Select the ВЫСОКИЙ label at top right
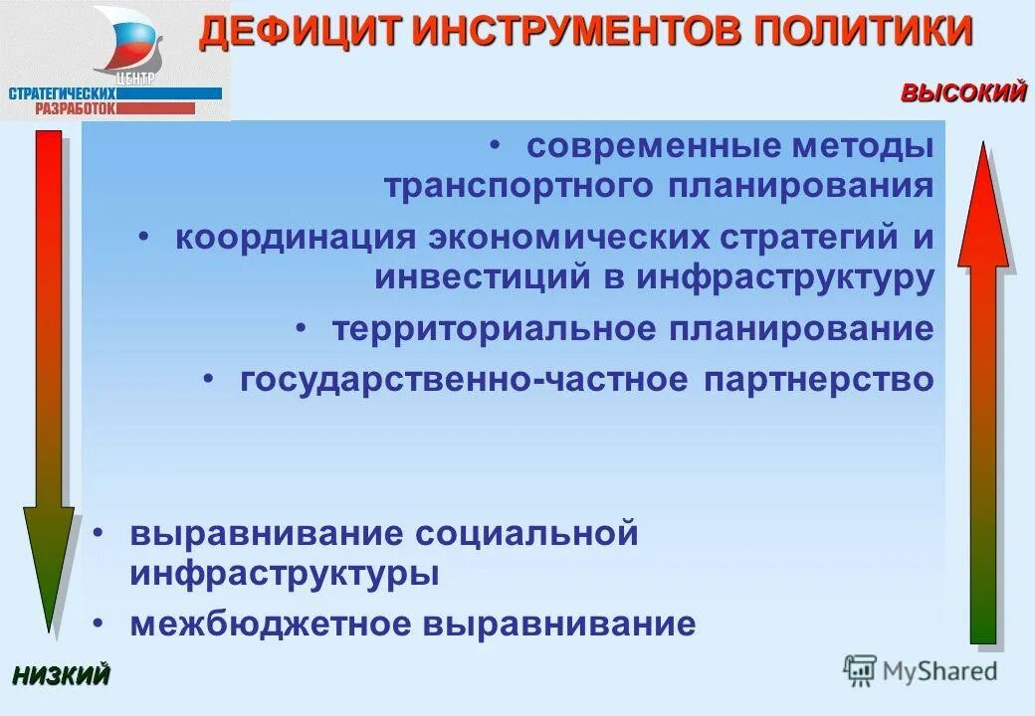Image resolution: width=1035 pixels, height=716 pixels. [x=962, y=93]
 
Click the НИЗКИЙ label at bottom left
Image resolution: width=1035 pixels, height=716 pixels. [x=61, y=675]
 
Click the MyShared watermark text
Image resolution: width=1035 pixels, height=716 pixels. [x=940, y=671]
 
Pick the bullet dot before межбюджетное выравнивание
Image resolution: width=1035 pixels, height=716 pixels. [x=100, y=624]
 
